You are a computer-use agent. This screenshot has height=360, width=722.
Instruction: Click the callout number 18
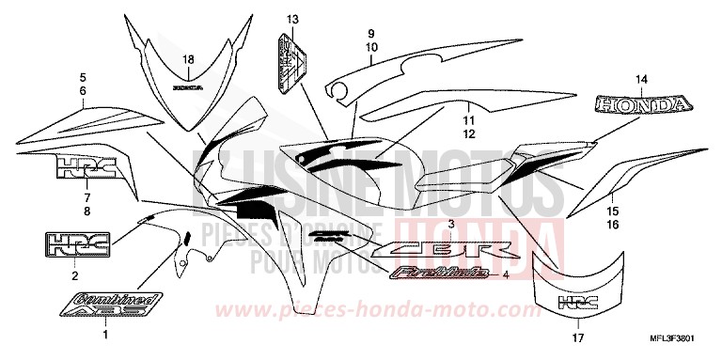click(187, 60)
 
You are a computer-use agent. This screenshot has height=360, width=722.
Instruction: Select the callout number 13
click(291, 20)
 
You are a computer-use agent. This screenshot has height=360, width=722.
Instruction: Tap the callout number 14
click(642, 79)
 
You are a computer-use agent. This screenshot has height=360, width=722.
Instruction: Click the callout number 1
click(105, 335)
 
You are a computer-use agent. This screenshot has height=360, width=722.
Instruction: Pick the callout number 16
click(612, 227)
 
